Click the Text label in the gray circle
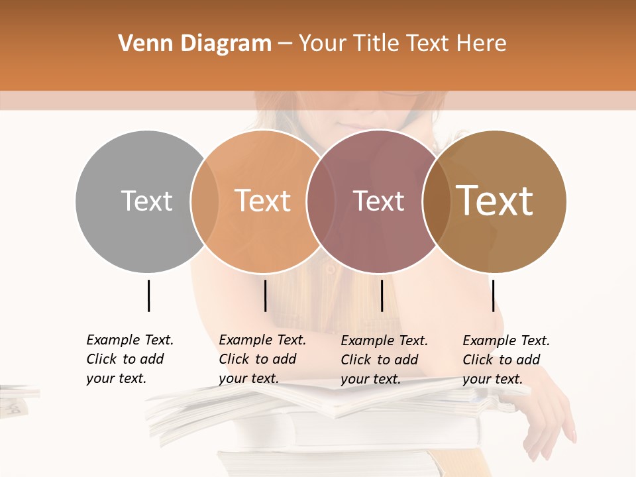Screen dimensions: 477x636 point(146,201)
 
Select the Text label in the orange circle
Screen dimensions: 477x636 point(262,201)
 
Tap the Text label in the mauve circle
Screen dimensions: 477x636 point(378,201)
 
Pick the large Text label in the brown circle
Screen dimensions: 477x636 point(495,201)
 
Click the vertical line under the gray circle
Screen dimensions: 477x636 point(148,295)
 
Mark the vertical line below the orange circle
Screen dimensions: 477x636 point(265,295)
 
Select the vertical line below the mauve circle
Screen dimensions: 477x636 point(382,295)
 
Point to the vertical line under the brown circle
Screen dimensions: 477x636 point(493,295)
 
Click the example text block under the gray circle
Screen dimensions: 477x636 point(130,359)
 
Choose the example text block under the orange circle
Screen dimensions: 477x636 point(262,359)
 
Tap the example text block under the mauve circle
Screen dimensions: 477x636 point(384,360)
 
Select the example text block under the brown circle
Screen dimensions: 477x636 point(506,360)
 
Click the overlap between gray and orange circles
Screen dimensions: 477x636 point(205,201)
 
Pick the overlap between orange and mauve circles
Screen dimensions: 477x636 point(320,201)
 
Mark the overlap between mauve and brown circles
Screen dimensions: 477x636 point(435,201)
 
